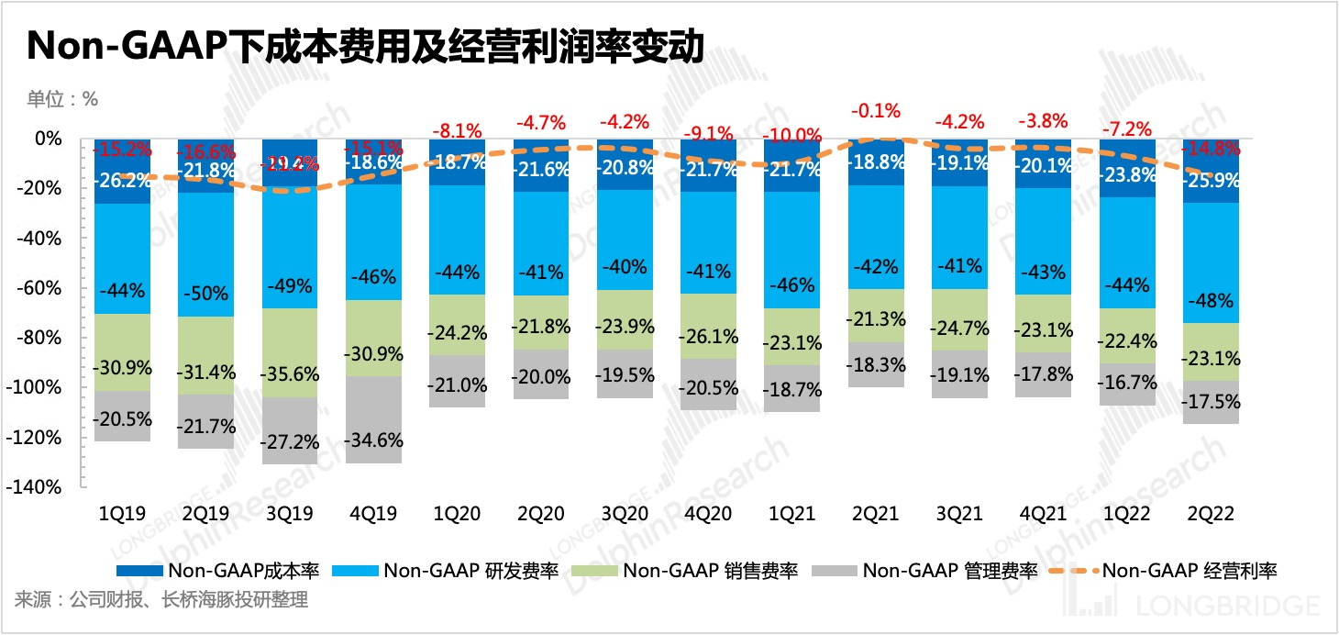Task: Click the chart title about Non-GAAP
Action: tap(365, 47)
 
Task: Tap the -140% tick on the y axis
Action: tap(38, 487)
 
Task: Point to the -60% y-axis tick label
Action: tap(41, 288)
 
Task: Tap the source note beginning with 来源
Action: tap(160, 601)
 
